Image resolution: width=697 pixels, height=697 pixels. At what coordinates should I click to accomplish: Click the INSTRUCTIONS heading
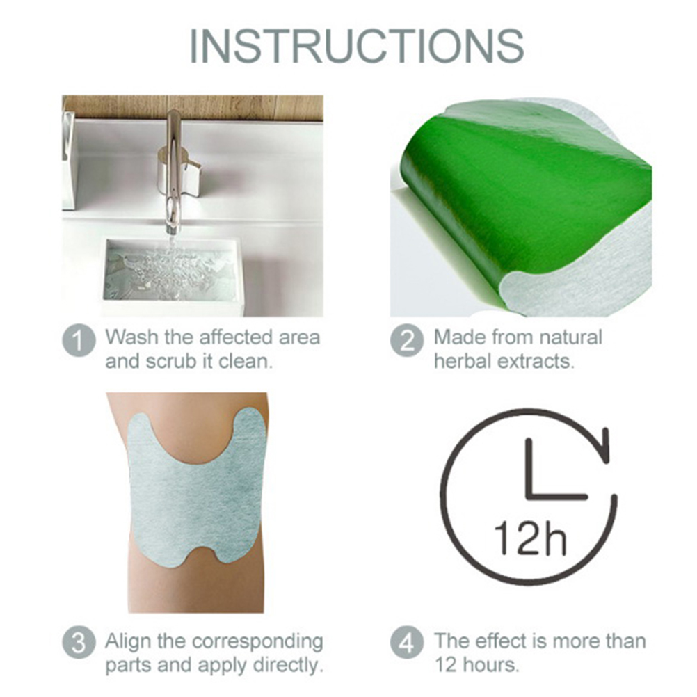(x=357, y=46)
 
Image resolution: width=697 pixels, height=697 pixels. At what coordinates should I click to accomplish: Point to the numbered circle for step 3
(x=79, y=643)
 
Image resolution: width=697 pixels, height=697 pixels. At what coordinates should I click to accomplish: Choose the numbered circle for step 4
(x=407, y=643)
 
